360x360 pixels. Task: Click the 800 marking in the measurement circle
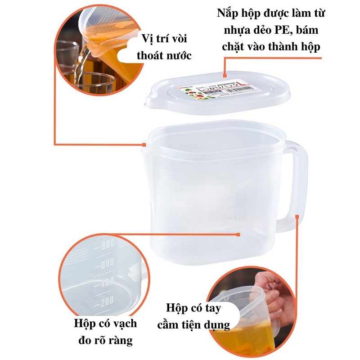(106, 246)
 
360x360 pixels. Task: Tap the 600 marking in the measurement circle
(106, 265)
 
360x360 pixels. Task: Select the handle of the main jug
(298, 184)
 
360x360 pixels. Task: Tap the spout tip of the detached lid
(146, 104)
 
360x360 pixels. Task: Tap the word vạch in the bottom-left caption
(126, 323)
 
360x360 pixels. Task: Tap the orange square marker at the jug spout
(144, 145)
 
